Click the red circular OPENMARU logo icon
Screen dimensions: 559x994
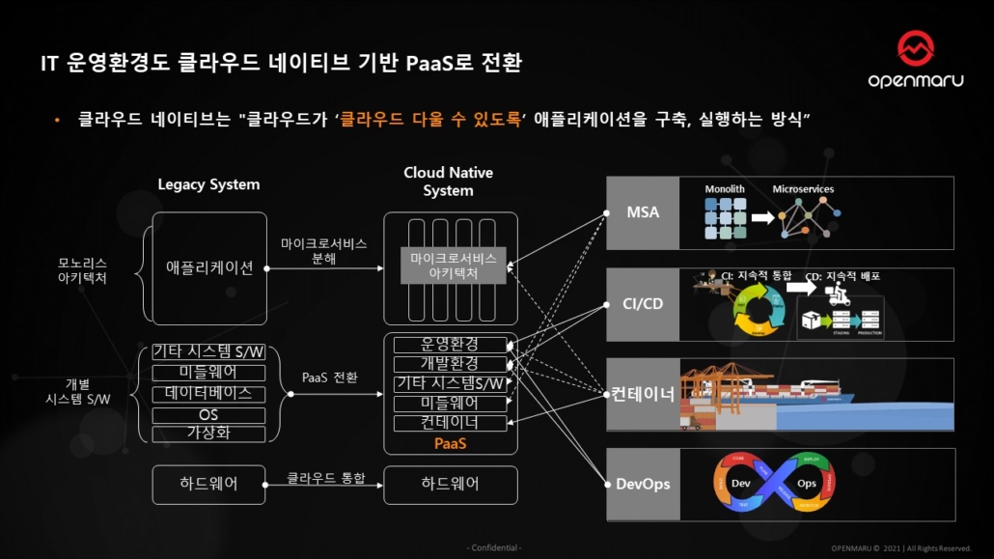click(x=915, y=49)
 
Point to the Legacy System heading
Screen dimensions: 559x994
click(x=208, y=184)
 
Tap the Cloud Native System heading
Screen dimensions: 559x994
click(x=449, y=182)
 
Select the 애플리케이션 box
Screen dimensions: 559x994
click(x=208, y=267)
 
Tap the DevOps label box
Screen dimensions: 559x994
click(x=643, y=484)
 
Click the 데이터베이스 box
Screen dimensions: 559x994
click(x=208, y=394)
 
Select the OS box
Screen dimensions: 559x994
click(x=208, y=414)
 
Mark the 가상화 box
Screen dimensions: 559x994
click(x=208, y=433)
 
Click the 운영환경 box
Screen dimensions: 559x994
click(x=450, y=345)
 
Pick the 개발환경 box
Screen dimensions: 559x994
click(x=450, y=364)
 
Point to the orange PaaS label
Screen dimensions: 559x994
click(x=450, y=444)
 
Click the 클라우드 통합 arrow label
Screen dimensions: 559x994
click(x=326, y=478)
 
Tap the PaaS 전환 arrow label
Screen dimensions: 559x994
click(x=330, y=377)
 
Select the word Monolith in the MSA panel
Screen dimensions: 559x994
click(x=725, y=189)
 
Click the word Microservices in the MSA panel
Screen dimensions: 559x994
click(x=803, y=189)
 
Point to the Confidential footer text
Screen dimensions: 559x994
click(x=496, y=548)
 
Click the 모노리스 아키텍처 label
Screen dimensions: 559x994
click(x=83, y=269)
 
